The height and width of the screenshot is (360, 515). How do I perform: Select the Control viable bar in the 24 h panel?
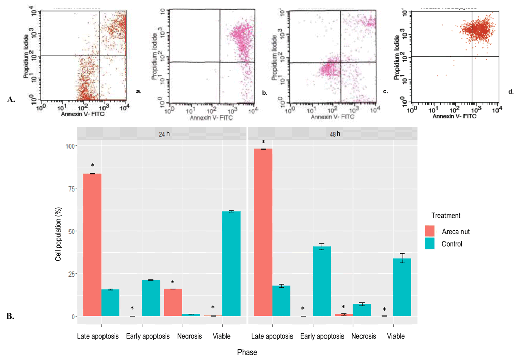[x=231, y=264]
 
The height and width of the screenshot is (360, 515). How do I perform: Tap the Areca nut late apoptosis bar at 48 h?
[x=264, y=232]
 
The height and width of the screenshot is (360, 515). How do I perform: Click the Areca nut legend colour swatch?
[x=431, y=231]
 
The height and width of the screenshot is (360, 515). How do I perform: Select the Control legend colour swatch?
[x=431, y=244]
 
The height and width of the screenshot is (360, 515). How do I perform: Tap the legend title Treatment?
[x=446, y=216]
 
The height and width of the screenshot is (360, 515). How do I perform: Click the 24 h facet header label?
[x=162, y=133]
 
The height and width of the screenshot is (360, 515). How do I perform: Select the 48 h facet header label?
[x=333, y=133]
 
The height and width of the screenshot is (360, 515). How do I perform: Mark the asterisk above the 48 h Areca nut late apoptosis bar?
[x=264, y=142]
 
